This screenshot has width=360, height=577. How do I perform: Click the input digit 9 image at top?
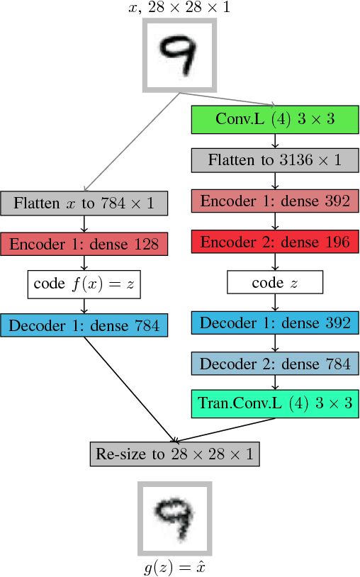coord(179,55)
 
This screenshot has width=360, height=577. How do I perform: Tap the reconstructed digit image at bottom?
coord(174,519)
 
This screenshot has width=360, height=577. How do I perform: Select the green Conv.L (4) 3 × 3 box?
coord(275,119)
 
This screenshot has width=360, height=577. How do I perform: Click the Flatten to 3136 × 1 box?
coord(275,160)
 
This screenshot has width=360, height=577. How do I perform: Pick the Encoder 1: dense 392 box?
coord(275,201)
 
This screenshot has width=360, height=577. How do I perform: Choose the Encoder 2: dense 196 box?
coord(275,242)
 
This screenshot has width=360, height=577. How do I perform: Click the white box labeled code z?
coord(275,283)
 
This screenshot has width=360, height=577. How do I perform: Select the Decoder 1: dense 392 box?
coord(275,323)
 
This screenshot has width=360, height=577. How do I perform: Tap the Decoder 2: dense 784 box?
coord(275,364)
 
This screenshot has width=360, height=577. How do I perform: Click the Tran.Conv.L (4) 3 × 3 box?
coord(275,404)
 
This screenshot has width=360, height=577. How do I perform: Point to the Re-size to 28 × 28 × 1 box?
coord(174,454)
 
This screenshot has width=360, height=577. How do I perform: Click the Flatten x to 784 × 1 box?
coord(84,203)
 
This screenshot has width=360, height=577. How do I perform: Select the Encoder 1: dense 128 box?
coord(84,244)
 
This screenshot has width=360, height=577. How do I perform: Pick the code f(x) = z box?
coord(84,284)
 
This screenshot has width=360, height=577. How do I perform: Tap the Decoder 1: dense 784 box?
coord(84,325)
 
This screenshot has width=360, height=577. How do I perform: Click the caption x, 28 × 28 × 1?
coord(179,9)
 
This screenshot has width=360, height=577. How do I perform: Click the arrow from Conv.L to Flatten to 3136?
coord(275,140)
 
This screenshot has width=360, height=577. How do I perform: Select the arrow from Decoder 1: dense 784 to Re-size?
coord(128,388)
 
